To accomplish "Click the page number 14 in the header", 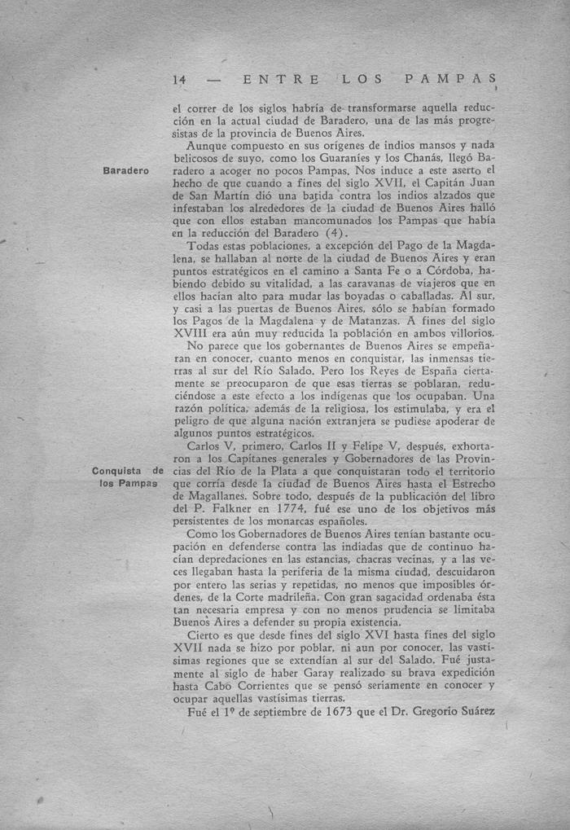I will point(180,80).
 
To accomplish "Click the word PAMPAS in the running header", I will point(449,80).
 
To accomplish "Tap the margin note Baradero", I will point(126,171).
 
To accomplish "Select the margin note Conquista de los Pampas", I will point(128,477).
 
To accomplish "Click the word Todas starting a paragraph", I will point(203,246).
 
